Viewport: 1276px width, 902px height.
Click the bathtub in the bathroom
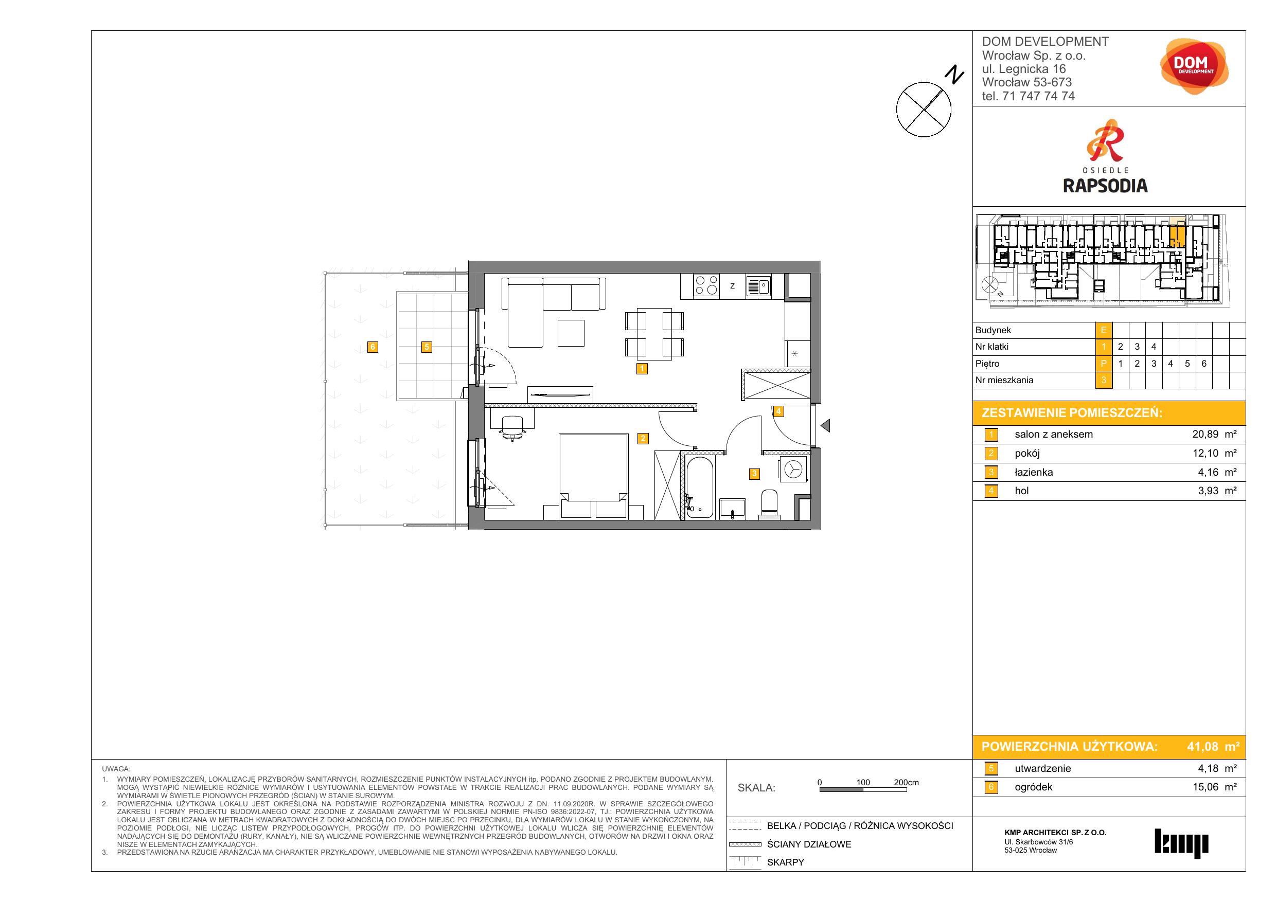700,488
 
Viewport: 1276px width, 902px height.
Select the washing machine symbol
793,470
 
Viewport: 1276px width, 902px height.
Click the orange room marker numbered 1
642,368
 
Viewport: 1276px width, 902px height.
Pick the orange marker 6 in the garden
373,347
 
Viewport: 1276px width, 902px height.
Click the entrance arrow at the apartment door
825,426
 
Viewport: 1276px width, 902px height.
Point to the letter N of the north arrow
955,75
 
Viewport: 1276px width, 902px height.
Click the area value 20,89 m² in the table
1214,435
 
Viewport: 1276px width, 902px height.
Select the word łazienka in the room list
1034,472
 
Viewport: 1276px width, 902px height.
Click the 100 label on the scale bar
863,782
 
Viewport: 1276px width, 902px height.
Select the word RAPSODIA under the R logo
1105,186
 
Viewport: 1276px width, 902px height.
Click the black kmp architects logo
1181,844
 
